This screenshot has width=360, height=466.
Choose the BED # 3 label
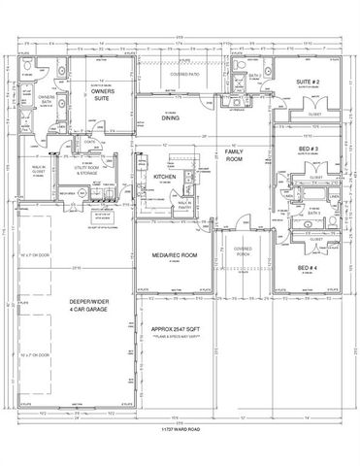pyautogui.click(x=308, y=150)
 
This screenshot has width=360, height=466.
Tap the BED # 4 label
pyautogui.click(x=308, y=267)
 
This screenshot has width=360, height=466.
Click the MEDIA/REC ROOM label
pyautogui.click(x=176, y=254)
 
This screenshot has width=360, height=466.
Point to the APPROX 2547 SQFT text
pyautogui.click(x=177, y=329)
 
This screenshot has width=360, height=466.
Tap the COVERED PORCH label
pyautogui.click(x=242, y=250)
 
